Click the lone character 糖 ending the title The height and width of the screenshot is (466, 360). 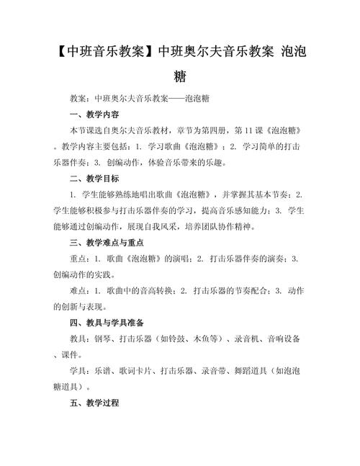point(180,76)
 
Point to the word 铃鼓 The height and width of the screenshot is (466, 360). point(176,338)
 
